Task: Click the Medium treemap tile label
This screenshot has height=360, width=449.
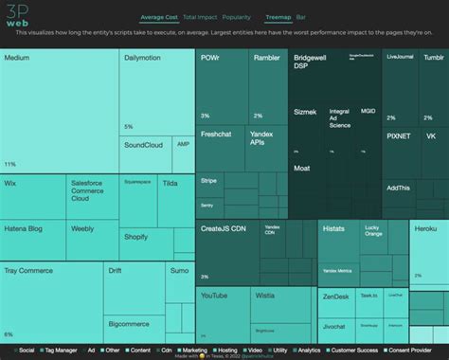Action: point(16,59)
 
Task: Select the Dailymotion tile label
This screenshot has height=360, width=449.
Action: point(145,59)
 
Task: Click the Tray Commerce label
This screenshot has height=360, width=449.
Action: point(27,271)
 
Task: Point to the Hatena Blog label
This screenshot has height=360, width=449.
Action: point(24,228)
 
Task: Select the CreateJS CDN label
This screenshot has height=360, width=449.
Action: point(223,228)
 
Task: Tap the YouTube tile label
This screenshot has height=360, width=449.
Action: point(214,296)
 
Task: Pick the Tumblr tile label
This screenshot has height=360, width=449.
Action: point(434,57)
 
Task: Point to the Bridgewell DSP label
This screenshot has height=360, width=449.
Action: point(312,63)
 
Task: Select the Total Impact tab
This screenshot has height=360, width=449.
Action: point(200,17)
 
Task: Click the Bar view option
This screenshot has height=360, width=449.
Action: point(301,17)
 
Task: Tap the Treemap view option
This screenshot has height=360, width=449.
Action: point(278,17)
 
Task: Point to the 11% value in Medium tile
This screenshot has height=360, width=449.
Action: point(10,164)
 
